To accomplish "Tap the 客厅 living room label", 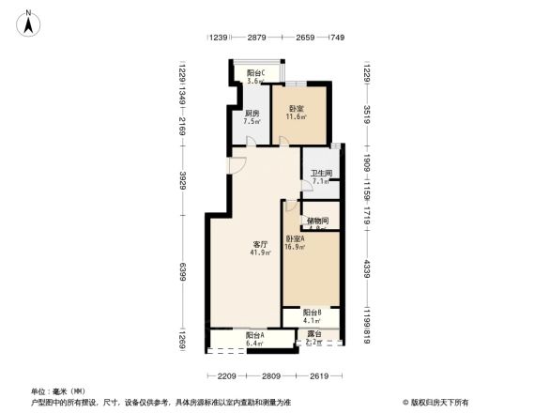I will click(260, 244).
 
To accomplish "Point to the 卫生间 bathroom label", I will click(322, 174).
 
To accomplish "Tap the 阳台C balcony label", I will click(255, 73).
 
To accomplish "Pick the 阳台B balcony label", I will click(313, 313).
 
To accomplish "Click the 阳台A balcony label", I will click(254, 335).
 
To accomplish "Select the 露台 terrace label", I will click(314, 335).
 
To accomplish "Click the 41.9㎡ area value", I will click(260, 252).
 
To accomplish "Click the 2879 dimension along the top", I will click(257, 38).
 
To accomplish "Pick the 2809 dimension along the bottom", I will click(271, 376).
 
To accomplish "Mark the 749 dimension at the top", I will click(337, 38).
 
